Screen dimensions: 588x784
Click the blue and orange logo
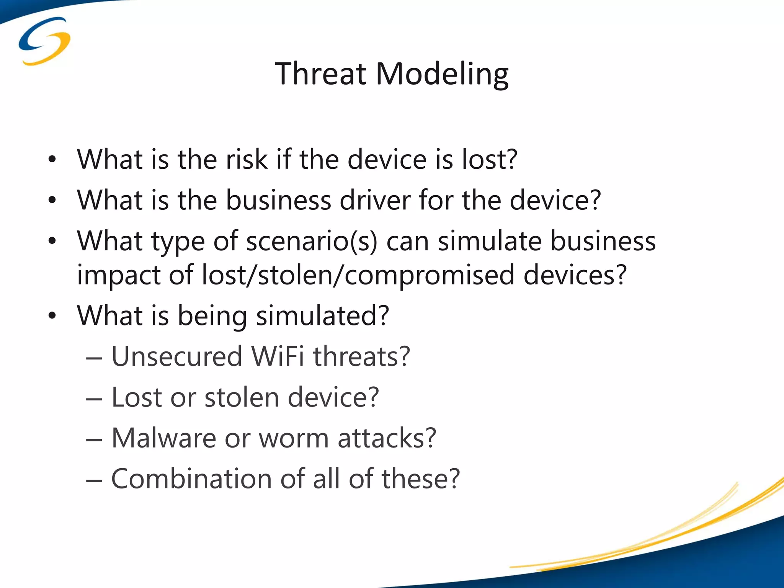[44, 41]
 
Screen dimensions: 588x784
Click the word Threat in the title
[320, 73]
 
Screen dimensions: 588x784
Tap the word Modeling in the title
[442, 74]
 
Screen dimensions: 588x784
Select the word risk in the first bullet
[247, 159]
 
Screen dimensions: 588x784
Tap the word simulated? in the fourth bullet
[322, 316]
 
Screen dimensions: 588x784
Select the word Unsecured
[177, 356]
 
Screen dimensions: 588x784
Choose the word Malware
[164, 438]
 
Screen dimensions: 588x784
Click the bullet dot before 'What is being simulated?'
[52, 316]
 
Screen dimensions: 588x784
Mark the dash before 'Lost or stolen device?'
[94, 399]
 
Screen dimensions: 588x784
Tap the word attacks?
[387, 438]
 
